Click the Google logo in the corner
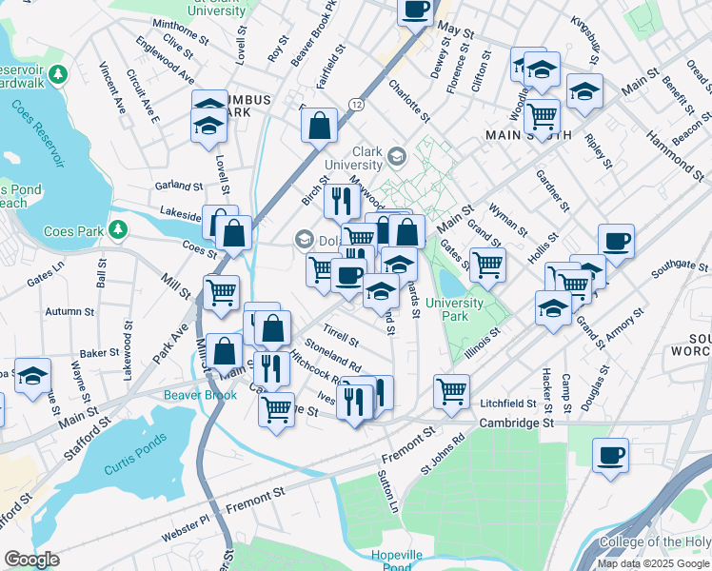(x=32, y=560)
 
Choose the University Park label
(x=454, y=309)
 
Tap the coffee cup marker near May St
(x=416, y=10)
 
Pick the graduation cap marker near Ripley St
(x=584, y=91)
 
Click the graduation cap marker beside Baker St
(x=32, y=377)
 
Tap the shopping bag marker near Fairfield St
(x=320, y=124)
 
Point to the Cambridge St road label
(x=516, y=423)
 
